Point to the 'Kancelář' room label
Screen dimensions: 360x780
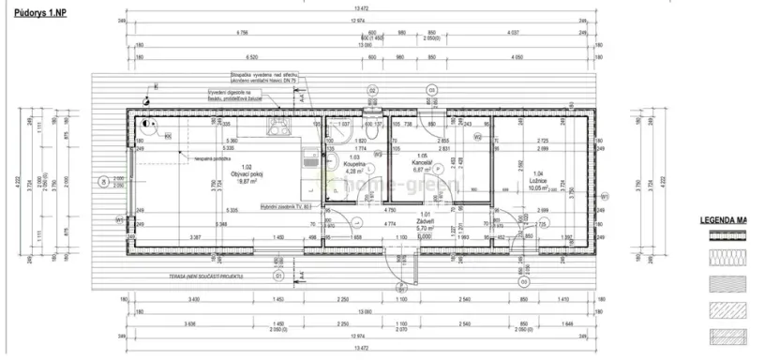coord(422,163)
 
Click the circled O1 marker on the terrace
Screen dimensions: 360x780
coord(278,277)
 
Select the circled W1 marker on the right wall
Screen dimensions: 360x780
coord(604,196)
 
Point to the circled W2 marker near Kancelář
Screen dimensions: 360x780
coord(476,138)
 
